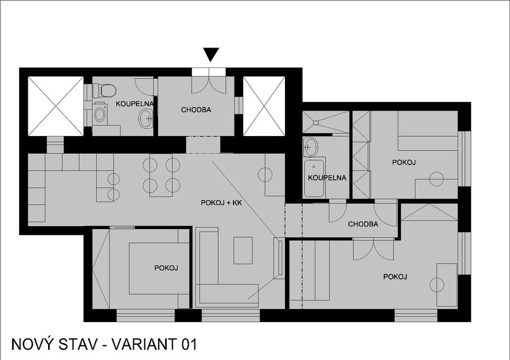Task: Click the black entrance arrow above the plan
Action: click(x=211, y=54)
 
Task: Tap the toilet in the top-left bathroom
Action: click(x=105, y=91)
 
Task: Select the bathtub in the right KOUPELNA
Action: click(x=314, y=178)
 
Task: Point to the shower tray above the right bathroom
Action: click(x=325, y=122)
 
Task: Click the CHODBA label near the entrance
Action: click(x=196, y=110)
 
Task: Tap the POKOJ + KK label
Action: click(x=222, y=203)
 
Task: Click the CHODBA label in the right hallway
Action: click(x=363, y=225)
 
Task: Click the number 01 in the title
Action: click(x=189, y=344)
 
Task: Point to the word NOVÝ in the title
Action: click(x=32, y=344)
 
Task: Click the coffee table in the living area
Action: click(x=243, y=251)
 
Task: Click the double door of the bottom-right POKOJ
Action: click(x=374, y=249)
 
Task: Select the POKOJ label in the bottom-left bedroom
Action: click(x=166, y=268)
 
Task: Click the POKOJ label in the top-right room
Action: click(x=404, y=162)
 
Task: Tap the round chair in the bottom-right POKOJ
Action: click(x=437, y=285)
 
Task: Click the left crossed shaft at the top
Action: click(x=56, y=106)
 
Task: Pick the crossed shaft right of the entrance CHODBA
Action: click(x=264, y=106)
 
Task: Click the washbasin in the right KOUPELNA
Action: click(x=310, y=147)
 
